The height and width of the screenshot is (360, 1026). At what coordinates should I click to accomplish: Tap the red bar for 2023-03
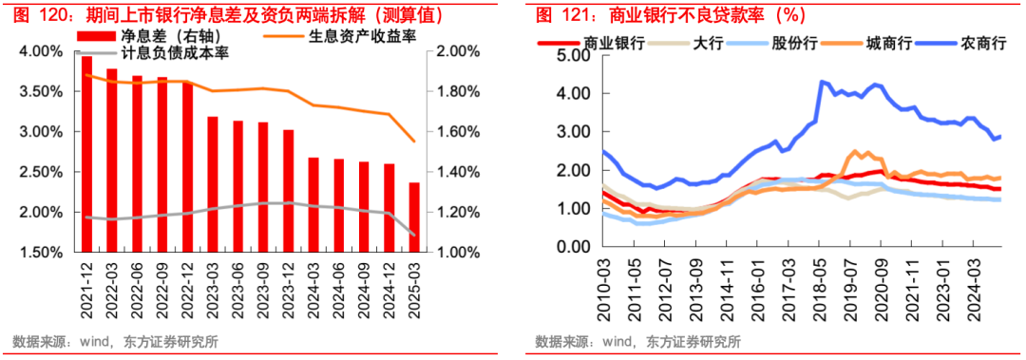[x=213, y=184]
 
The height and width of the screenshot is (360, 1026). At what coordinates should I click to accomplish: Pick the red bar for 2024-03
[x=313, y=204]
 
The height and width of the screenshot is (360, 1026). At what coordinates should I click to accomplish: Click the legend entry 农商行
[x=982, y=42]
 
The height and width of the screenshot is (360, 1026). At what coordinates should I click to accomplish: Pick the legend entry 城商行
[x=888, y=42]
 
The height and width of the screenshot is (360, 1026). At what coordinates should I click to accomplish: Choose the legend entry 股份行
[x=793, y=42]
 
